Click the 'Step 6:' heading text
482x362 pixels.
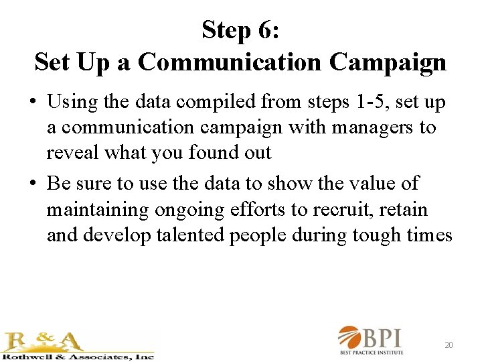pos(240,29)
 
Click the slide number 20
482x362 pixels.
pos(449,345)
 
